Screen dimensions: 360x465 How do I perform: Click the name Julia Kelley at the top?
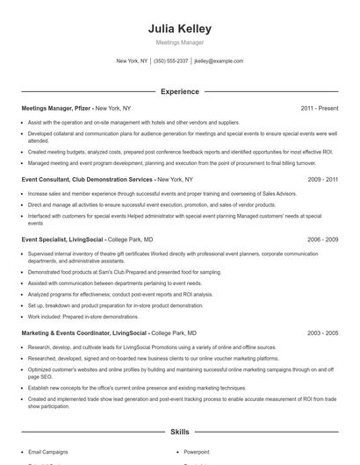179,29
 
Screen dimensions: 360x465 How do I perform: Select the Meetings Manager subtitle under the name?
179,43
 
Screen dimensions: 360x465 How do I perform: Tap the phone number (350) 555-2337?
171,61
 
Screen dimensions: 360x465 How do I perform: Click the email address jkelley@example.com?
219,61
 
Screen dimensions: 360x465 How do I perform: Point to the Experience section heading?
179,91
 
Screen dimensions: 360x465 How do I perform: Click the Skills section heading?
179,432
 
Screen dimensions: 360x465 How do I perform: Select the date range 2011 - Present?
319,108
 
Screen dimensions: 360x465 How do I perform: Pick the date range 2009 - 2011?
322,179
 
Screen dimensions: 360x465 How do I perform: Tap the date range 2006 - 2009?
322,239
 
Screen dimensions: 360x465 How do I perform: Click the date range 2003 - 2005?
322,333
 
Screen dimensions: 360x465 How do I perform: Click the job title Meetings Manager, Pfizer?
56,108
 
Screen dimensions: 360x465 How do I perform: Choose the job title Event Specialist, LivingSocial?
62,239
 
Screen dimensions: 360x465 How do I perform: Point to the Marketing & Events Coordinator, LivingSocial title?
84,333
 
